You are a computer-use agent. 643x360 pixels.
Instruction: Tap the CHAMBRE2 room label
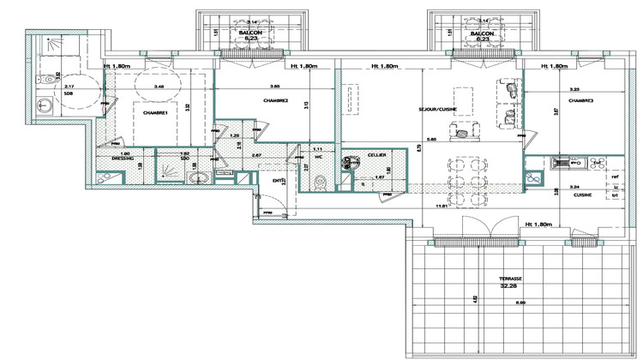coord(275,100)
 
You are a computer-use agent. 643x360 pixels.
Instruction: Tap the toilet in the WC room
coord(321,182)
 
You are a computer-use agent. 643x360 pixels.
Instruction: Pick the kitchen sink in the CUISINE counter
coord(562,160)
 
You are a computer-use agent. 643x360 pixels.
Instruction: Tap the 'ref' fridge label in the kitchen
coord(615,177)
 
